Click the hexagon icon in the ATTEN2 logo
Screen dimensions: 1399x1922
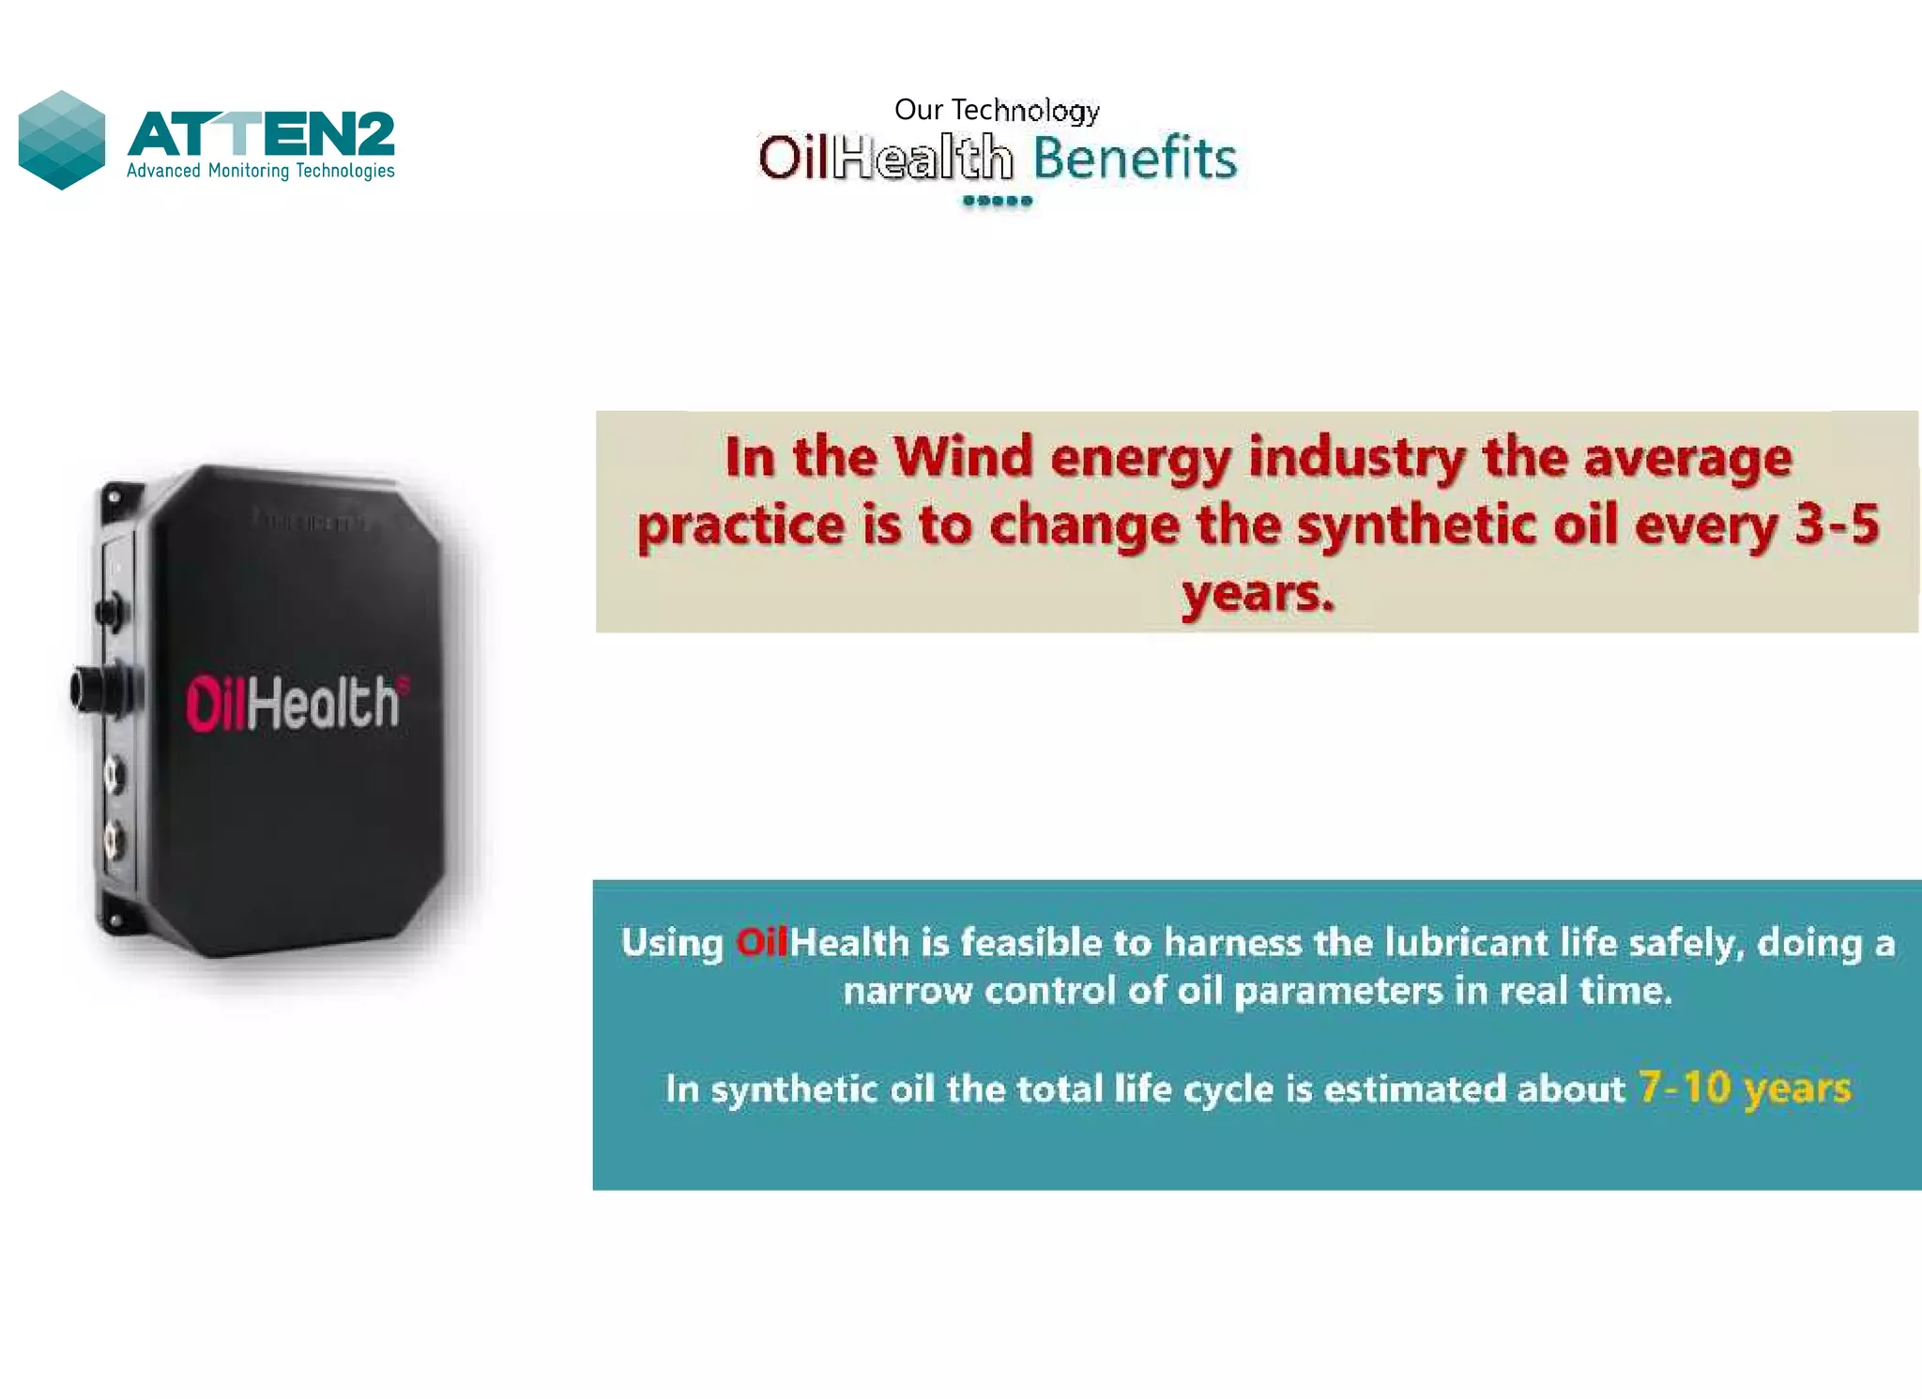pyautogui.click(x=62, y=140)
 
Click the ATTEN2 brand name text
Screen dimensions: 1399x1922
pyautogui.click(x=261, y=133)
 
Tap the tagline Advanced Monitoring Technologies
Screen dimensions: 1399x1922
pyautogui.click(x=260, y=171)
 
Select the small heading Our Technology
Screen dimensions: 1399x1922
pyautogui.click(x=997, y=110)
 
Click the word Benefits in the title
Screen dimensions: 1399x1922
pyautogui.click(x=1135, y=158)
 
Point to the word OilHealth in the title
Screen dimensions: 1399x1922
pyautogui.click(x=885, y=158)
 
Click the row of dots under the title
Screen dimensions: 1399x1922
pyautogui.click(x=997, y=201)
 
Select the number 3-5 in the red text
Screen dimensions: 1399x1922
pyautogui.click(x=1837, y=524)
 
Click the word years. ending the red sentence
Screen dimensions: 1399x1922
pyautogui.click(x=1258, y=593)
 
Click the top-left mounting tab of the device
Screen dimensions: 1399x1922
pyautogui.click(x=115, y=496)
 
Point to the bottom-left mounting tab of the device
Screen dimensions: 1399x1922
pyautogui.click(x=114, y=920)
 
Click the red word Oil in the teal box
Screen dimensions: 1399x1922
pyautogui.click(x=761, y=943)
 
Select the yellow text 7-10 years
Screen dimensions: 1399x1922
pyautogui.click(x=1745, y=1088)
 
